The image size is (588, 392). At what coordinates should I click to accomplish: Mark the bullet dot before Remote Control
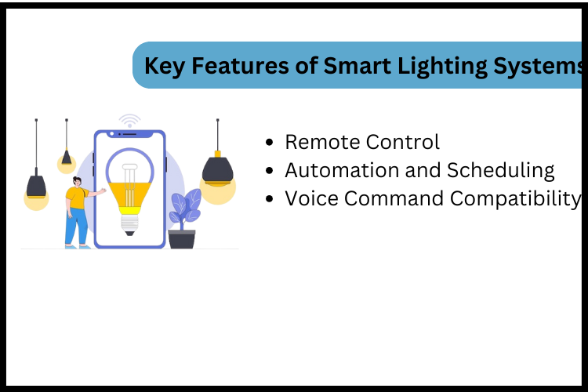point(270,143)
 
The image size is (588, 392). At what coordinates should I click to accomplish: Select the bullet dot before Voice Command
point(270,199)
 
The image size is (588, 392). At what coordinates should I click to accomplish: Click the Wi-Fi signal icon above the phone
point(129,121)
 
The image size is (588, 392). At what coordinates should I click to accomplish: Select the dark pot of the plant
point(181,238)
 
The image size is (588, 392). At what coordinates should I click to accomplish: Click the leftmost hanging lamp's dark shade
point(36,187)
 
